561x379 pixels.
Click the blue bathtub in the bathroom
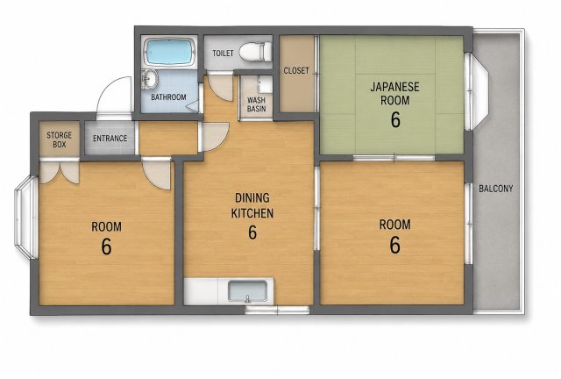169,52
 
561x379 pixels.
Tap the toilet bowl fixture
255,51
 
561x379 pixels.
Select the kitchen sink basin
247,291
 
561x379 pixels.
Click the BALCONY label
496,189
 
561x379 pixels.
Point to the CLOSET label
296,70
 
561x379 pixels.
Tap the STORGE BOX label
59,139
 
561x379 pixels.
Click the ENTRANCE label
110,139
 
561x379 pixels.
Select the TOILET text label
223,54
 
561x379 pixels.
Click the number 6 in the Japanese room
395,120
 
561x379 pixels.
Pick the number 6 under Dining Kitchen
252,232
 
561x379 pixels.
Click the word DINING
252,197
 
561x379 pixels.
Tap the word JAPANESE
394,87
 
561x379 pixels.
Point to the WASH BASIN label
257,104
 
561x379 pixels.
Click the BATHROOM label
168,97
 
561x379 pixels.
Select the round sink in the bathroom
150,79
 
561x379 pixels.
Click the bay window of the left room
25,218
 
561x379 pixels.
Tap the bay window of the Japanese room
476,91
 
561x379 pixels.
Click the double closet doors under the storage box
60,172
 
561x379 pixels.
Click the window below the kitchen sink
277,311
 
